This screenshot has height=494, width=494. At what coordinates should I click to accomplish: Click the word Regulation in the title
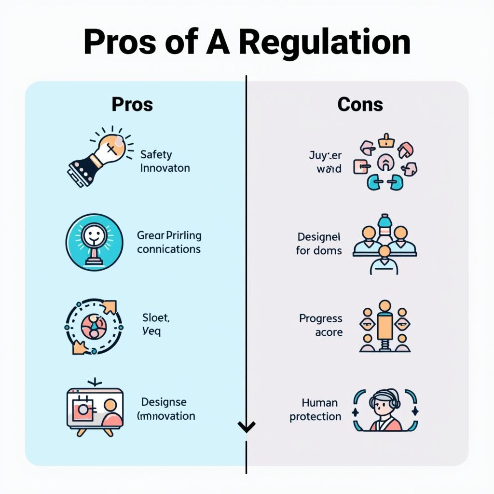pyautogui.click(x=324, y=42)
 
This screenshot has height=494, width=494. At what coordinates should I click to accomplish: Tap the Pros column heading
pyautogui.click(x=132, y=104)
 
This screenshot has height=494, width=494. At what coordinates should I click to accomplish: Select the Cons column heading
pyautogui.click(x=360, y=104)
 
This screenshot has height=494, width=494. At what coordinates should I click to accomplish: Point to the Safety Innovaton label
pyautogui.click(x=165, y=162)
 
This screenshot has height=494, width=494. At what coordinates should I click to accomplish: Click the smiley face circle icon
pyautogui.click(x=94, y=242)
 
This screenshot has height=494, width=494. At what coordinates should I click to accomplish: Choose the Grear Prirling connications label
pyautogui.click(x=169, y=243)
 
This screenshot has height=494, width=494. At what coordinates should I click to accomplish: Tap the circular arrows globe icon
pyautogui.click(x=94, y=327)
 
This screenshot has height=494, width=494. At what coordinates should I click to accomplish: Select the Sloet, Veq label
pyautogui.click(x=155, y=324)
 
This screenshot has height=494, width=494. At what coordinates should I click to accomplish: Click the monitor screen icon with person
pyautogui.click(x=95, y=408)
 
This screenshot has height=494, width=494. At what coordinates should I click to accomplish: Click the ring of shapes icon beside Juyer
pyautogui.click(x=385, y=162)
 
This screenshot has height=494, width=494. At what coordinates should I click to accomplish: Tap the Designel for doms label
pyautogui.click(x=319, y=244)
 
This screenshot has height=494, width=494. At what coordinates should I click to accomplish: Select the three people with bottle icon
pyautogui.click(x=384, y=244)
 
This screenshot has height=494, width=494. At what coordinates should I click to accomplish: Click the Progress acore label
pyautogui.click(x=321, y=325)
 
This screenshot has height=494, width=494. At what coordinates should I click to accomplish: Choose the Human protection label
pyautogui.click(x=316, y=410)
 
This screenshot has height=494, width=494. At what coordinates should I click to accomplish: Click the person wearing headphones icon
pyautogui.click(x=385, y=411)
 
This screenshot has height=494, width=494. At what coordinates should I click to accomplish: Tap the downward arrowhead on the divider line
pyautogui.click(x=247, y=426)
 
